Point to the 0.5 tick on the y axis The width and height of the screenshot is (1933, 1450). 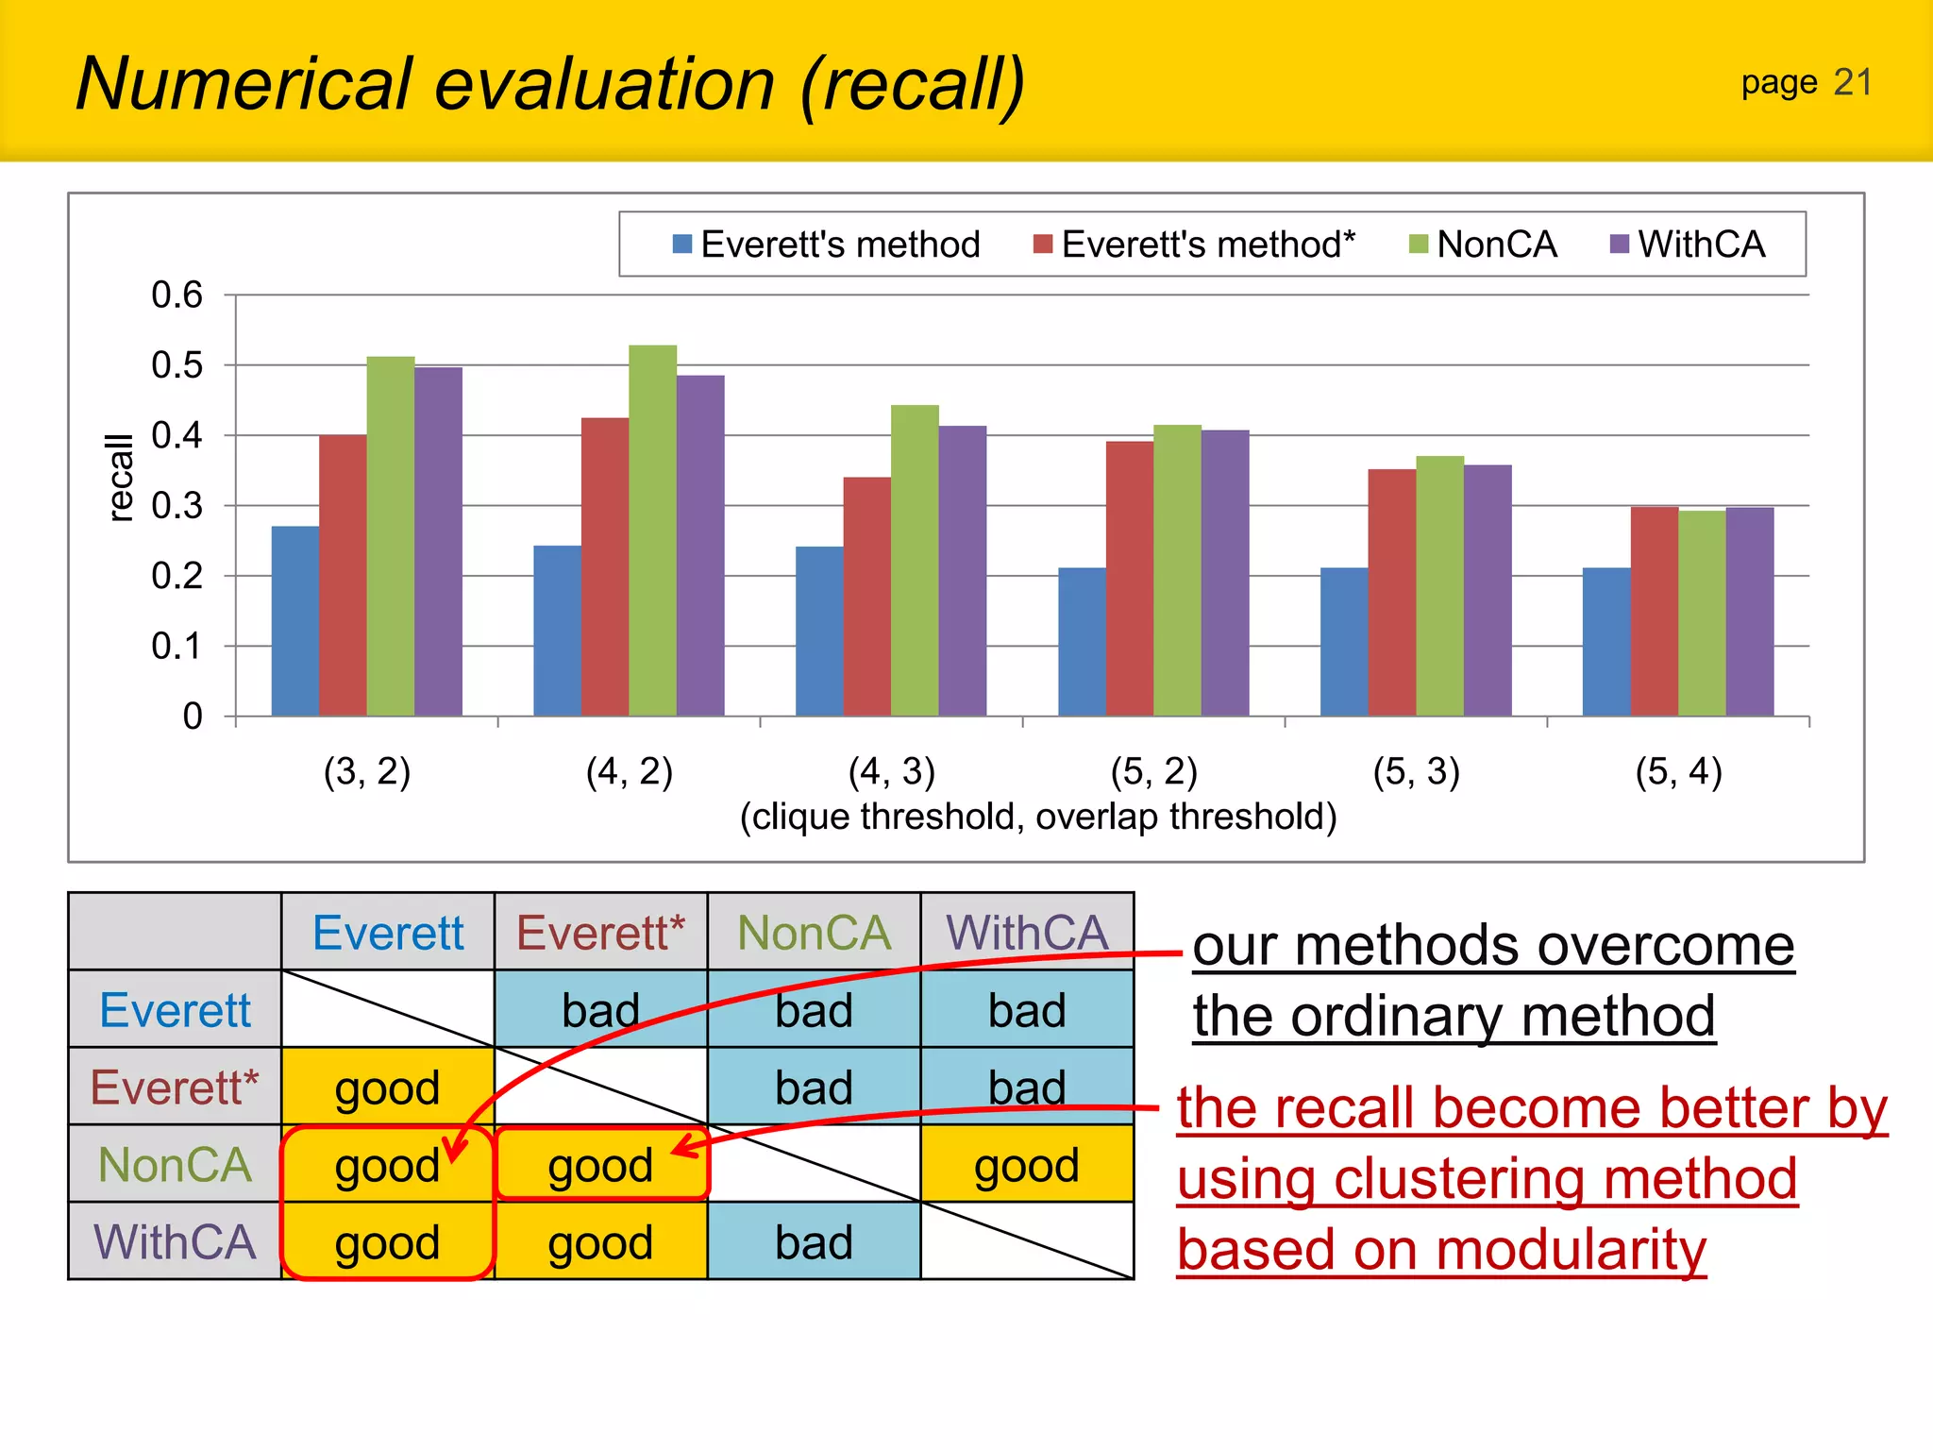pos(177,365)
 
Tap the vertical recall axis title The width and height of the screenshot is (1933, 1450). pos(120,478)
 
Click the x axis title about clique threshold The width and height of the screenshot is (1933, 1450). pos(1037,817)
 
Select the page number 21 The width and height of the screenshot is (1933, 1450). pos(1852,83)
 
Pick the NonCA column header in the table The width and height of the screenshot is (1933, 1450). pos(814,933)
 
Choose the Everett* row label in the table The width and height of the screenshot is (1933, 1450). pos(175,1087)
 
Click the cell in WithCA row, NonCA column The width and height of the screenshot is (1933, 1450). pos(814,1242)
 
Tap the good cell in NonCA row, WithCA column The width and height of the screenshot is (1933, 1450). pos(1027,1165)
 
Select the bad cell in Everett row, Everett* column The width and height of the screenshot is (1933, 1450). pos(600,1010)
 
